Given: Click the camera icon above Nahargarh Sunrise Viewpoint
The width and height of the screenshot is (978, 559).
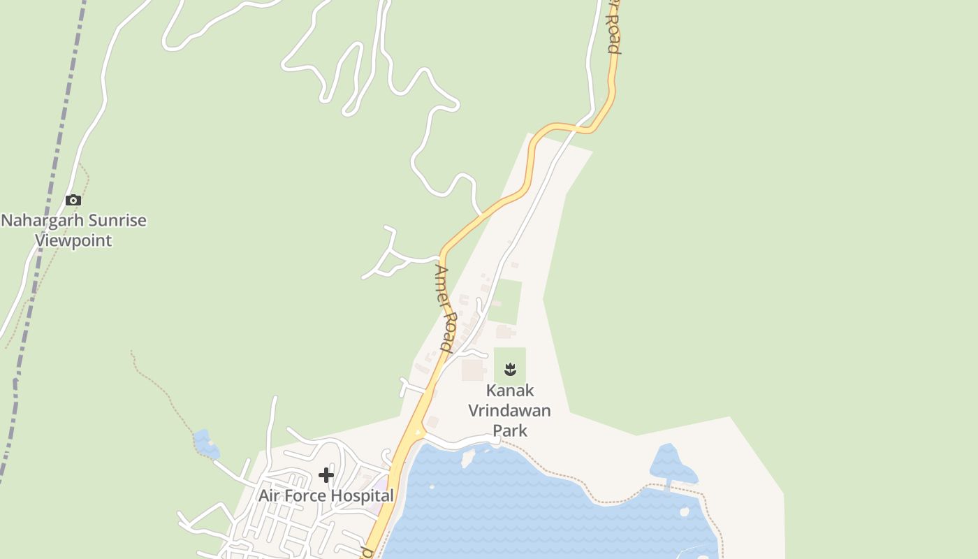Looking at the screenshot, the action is pyautogui.click(x=73, y=201).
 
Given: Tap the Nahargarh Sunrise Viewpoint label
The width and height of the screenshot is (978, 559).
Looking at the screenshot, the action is pyautogui.click(x=73, y=231).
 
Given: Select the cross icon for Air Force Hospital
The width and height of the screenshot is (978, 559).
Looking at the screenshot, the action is pyautogui.click(x=326, y=475).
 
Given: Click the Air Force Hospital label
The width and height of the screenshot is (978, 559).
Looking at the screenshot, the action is pyautogui.click(x=326, y=495).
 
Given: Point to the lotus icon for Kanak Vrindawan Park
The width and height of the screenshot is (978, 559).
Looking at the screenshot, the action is pyautogui.click(x=510, y=368).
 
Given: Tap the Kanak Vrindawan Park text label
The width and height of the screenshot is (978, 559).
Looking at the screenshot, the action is pyautogui.click(x=509, y=410).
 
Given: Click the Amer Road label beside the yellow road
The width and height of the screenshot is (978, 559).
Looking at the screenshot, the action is pyautogui.click(x=445, y=307).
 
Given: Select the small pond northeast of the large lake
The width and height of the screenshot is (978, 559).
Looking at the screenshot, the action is pyautogui.click(x=671, y=463).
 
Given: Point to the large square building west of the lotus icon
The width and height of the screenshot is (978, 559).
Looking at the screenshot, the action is pyautogui.click(x=473, y=370).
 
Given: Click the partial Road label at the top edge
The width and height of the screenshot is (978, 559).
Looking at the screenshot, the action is pyautogui.click(x=613, y=28).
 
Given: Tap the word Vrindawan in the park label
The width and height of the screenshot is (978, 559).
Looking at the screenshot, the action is pyautogui.click(x=509, y=410).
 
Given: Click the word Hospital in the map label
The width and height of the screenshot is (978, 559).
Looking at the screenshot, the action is pyautogui.click(x=362, y=495).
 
